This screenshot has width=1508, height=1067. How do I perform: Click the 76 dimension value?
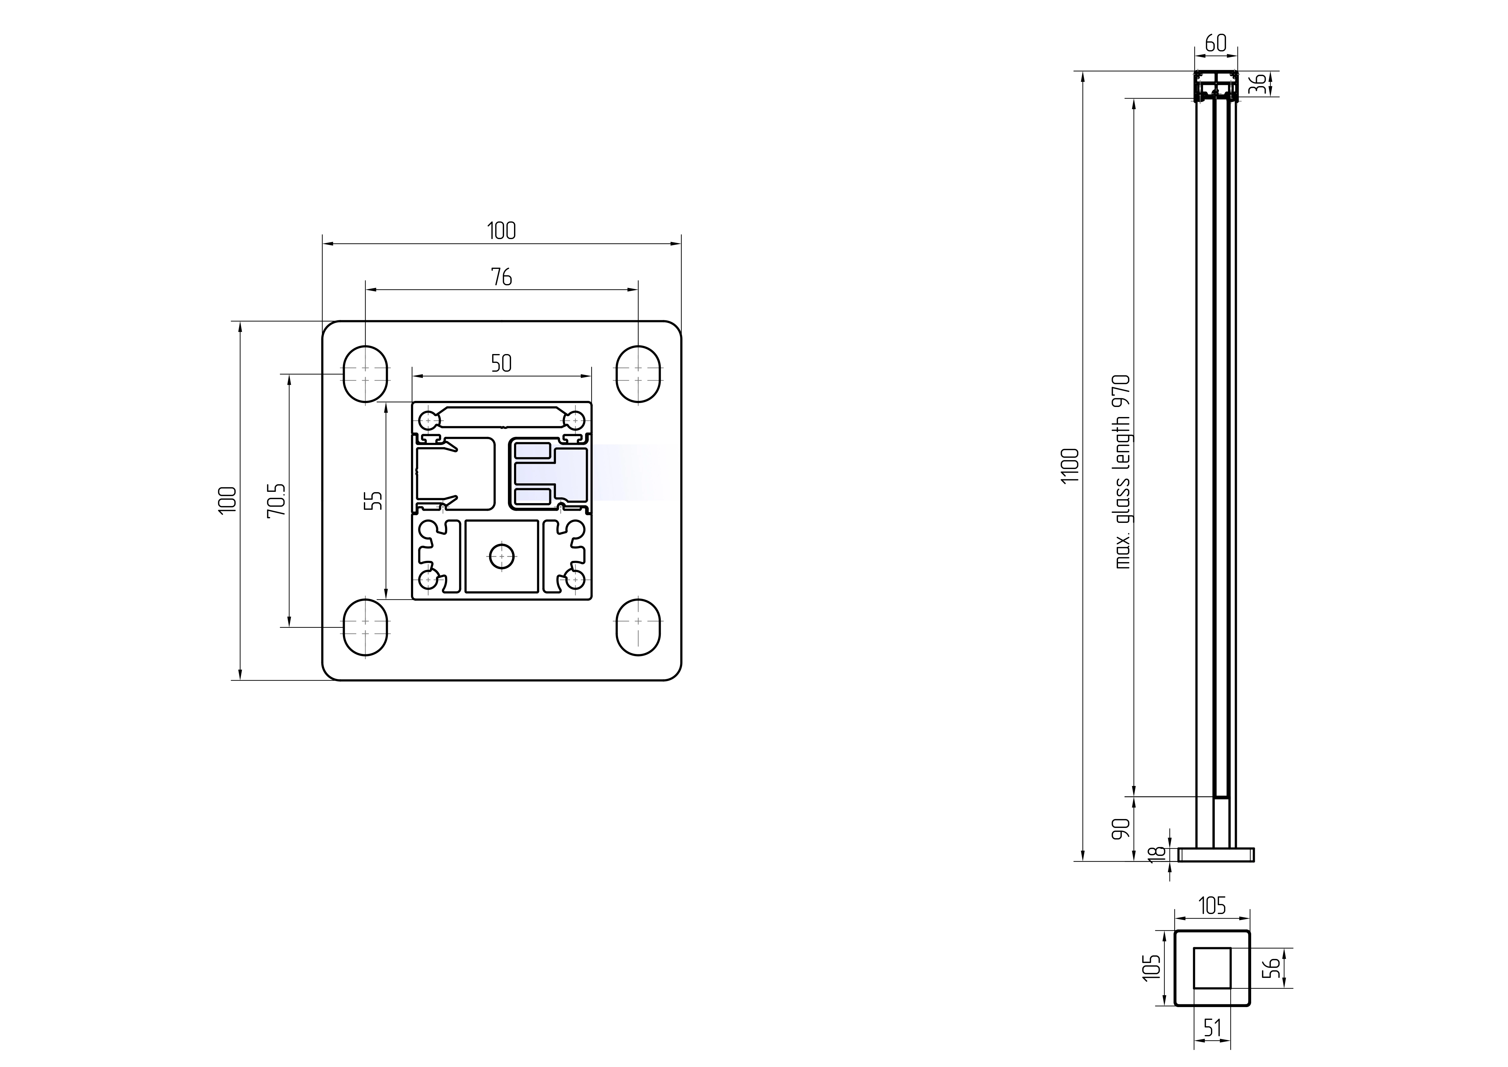(x=501, y=277)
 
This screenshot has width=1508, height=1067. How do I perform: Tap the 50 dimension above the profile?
(x=501, y=363)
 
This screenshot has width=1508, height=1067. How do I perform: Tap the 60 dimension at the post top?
(x=1216, y=43)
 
